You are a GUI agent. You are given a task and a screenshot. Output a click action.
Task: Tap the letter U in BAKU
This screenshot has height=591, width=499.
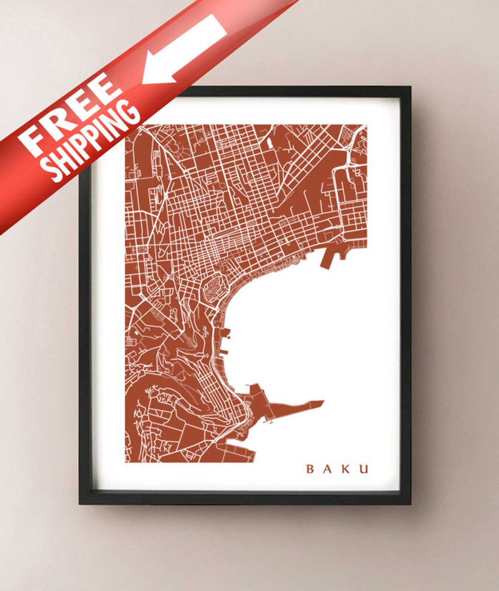click(364, 469)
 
